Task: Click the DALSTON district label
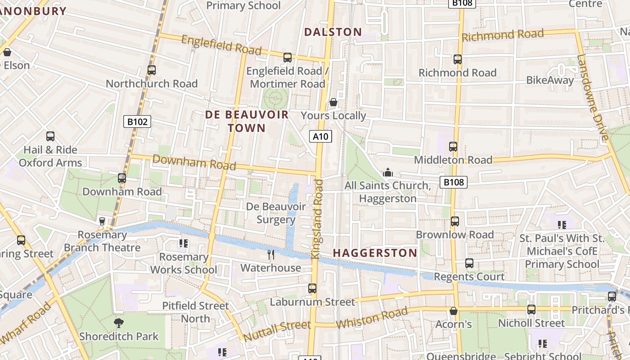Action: click(x=333, y=32)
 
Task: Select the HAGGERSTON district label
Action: click(x=375, y=253)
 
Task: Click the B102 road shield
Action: click(x=137, y=121)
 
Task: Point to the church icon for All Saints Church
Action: click(x=387, y=172)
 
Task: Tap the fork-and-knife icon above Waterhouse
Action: click(x=271, y=255)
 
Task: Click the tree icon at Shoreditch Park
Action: click(x=119, y=323)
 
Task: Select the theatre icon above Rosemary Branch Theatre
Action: click(x=102, y=221)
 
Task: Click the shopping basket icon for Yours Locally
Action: click(x=333, y=102)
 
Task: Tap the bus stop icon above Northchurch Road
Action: click(x=152, y=70)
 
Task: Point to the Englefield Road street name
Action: click(x=221, y=45)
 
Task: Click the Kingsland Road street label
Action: click(x=318, y=219)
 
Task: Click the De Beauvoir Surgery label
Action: click(x=276, y=213)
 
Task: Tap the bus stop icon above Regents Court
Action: click(x=469, y=263)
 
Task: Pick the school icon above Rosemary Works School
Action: click(x=183, y=243)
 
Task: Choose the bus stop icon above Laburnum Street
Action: click(x=312, y=288)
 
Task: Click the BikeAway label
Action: click(x=550, y=81)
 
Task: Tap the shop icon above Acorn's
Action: click(x=454, y=311)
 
